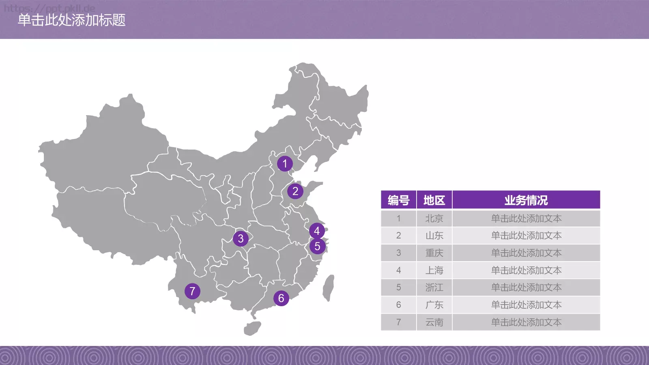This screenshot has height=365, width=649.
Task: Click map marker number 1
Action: (x=285, y=164)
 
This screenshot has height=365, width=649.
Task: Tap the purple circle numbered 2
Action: (x=295, y=191)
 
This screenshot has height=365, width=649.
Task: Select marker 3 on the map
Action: (x=241, y=238)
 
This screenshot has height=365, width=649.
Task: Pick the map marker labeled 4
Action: (x=317, y=231)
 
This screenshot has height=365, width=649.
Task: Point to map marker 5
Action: (x=317, y=246)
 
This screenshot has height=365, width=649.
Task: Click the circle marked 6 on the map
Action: (x=281, y=298)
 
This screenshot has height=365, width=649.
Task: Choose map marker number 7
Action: (x=192, y=291)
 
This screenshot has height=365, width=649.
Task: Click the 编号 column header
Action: (x=398, y=200)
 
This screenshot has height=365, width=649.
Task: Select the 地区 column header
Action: (x=434, y=200)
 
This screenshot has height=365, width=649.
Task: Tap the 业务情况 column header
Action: (x=526, y=200)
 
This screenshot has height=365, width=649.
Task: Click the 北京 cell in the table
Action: (x=434, y=219)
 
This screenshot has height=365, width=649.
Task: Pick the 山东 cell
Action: (x=434, y=236)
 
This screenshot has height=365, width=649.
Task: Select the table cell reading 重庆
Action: (x=434, y=253)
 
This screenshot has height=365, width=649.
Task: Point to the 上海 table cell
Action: (x=434, y=271)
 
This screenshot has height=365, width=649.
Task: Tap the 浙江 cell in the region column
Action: (x=434, y=288)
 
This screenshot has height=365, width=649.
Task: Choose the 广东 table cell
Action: (x=434, y=305)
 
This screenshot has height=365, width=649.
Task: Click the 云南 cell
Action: (x=434, y=322)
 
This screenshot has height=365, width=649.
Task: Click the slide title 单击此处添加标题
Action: (x=72, y=20)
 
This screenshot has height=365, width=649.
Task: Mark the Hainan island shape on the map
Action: (x=252, y=328)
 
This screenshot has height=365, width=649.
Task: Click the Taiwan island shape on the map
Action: (x=329, y=288)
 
